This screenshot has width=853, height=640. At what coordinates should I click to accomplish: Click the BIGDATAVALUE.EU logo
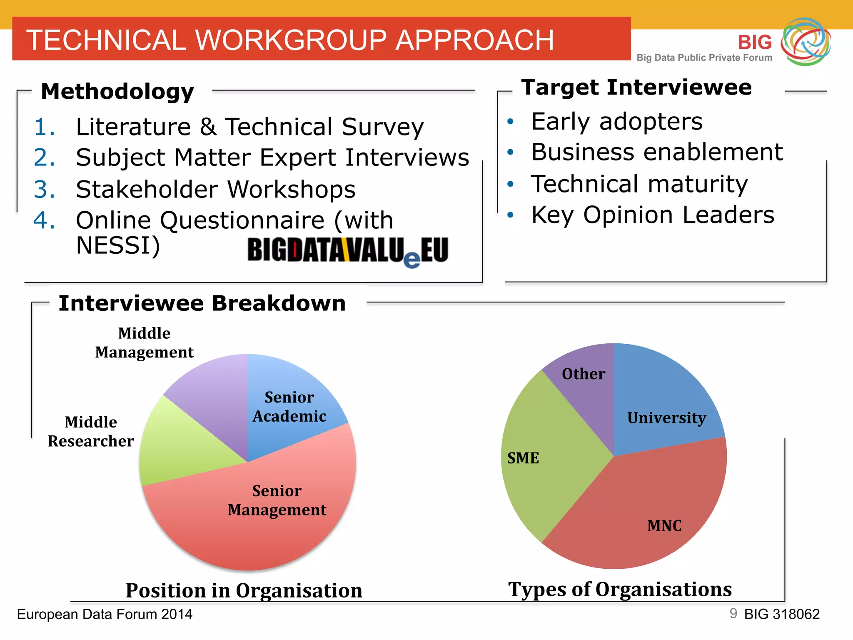coord(348,251)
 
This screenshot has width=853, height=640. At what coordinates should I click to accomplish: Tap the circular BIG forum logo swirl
coord(806,42)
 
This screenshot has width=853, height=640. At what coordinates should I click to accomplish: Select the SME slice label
coord(523,458)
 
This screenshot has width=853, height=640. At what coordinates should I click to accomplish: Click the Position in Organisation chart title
coord(244,590)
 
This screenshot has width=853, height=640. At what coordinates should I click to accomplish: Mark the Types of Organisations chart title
coord(620,589)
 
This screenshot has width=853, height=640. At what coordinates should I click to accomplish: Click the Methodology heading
coord(117,91)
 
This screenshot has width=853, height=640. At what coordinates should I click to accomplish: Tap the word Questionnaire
coord(242,220)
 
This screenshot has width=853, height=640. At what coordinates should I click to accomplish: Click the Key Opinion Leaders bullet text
coord(653,215)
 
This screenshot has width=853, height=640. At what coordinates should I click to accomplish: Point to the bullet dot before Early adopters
coord(511,122)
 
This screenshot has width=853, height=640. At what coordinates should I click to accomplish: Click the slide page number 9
coord(733,613)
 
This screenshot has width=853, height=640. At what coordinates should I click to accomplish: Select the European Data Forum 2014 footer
coord(105,614)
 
